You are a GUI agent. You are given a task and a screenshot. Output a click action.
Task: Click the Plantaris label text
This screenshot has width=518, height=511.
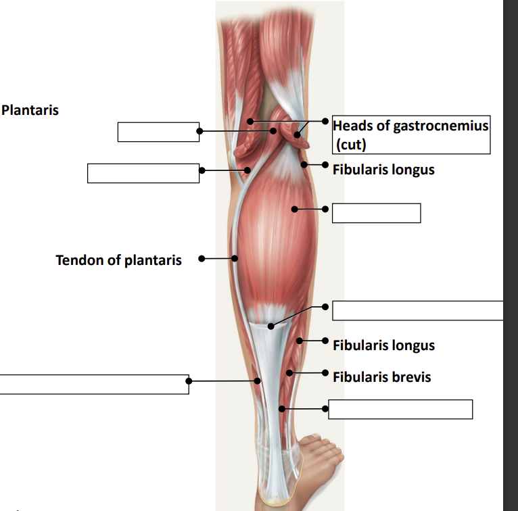30,109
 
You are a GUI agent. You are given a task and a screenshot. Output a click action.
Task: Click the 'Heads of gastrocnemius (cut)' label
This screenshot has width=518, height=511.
410,135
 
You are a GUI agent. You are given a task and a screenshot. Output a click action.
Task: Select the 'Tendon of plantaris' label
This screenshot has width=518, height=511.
118,260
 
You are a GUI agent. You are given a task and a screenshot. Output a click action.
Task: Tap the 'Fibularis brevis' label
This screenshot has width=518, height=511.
381,376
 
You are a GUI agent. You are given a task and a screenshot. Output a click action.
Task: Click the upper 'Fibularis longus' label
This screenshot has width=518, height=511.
383,169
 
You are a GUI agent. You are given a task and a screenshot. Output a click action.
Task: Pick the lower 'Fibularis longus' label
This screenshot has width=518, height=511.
383,345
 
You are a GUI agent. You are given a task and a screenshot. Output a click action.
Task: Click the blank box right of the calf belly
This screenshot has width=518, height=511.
376,213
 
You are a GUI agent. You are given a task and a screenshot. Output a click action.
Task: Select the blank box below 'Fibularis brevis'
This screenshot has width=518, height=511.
400,409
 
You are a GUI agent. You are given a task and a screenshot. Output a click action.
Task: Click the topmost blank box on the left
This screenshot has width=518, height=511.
158,132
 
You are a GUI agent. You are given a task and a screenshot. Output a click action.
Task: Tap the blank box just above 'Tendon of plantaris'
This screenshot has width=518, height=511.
143,173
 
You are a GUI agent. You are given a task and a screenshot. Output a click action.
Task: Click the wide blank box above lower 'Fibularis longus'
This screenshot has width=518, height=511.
418,310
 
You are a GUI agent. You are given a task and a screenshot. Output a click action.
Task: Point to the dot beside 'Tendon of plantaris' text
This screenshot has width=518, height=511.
201,258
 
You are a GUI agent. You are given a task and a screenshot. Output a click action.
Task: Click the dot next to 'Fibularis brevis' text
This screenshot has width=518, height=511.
325,373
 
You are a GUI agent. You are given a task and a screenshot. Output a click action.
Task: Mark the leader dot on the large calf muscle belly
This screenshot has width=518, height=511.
294,210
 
